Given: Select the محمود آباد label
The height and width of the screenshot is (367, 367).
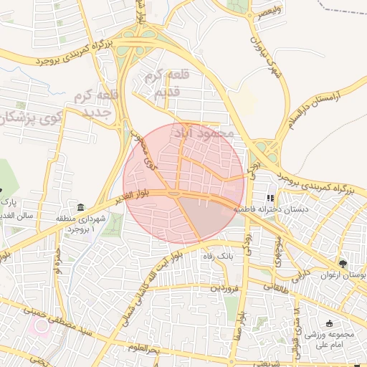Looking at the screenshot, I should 204,133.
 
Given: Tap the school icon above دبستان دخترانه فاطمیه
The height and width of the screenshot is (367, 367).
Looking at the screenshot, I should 271,199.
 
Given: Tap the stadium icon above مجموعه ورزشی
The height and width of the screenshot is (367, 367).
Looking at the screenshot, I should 329,323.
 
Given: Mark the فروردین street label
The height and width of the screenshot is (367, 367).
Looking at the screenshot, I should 225,288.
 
